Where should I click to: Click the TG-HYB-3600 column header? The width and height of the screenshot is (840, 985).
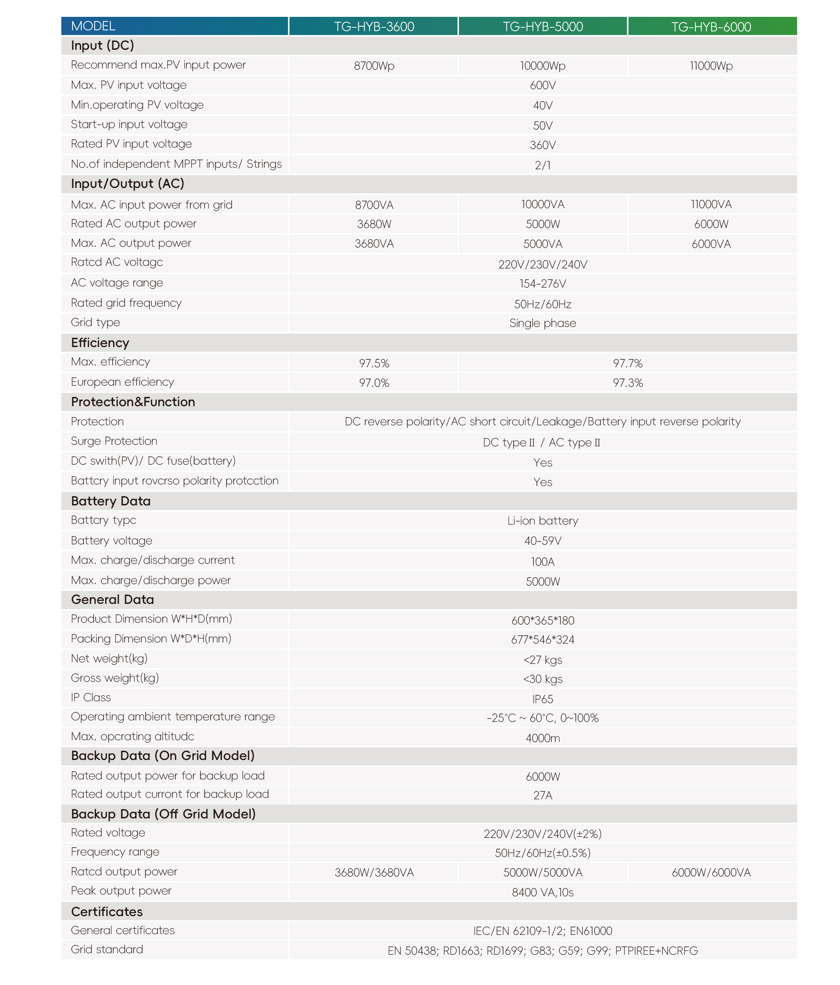(374, 27)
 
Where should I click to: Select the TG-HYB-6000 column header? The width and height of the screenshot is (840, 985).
(711, 27)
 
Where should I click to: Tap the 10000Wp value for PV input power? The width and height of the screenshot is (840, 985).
(542, 66)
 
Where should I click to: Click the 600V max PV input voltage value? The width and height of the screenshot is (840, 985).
(542, 86)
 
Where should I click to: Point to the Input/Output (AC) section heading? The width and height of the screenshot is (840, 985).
(127, 184)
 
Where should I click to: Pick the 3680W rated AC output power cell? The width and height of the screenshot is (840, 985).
(374, 224)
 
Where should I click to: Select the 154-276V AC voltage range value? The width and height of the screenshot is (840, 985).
(542, 284)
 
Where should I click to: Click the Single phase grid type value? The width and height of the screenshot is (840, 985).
(542, 323)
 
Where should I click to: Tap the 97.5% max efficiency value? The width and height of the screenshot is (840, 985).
(374, 363)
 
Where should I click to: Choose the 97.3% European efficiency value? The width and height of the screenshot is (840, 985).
(627, 383)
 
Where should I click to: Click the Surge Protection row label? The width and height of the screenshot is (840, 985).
(114, 441)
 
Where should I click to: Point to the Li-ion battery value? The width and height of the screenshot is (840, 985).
(542, 521)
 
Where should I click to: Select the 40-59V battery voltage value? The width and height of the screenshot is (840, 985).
(542, 541)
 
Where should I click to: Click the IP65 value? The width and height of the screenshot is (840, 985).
(542, 699)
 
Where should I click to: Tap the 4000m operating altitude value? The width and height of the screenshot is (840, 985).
(542, 738)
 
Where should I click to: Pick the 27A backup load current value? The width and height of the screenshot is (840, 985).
(542, 795)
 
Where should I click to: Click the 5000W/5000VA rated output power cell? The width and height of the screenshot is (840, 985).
(542, 872)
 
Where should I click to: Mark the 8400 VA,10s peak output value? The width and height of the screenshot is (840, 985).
(542, 892)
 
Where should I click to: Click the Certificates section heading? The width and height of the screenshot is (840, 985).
(107, 911)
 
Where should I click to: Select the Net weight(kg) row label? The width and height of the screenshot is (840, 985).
(109, 659)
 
